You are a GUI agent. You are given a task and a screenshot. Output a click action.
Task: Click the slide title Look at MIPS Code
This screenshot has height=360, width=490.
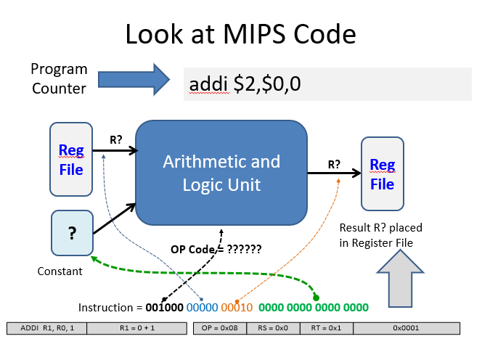tap(240, 35)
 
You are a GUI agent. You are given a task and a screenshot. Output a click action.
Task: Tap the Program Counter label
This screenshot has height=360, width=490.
tap(59, 78)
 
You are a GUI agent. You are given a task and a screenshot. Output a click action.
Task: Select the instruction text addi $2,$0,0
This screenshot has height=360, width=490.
tap(245, 85)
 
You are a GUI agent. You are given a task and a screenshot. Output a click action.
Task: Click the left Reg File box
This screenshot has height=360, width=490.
tap(70, 159)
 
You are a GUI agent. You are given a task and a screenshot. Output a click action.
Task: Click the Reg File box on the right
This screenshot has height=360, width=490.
tap(382, 174)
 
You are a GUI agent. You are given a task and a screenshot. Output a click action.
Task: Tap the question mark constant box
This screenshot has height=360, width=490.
tap(72, 233)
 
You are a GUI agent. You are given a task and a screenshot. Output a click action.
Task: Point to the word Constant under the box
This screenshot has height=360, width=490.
tap(60, 271)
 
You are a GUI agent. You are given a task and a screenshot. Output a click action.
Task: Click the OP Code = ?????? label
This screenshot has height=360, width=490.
tap(216, 248)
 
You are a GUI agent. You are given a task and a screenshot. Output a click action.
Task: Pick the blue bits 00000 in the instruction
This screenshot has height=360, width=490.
tap(203, 307)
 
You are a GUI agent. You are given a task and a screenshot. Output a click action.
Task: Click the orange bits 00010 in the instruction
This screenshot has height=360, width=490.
tap(237, 307)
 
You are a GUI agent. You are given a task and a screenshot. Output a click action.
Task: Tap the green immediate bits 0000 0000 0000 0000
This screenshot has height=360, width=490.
tap(314, 307)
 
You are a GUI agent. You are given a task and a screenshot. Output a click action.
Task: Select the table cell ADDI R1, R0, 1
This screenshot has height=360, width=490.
tap(46, 328)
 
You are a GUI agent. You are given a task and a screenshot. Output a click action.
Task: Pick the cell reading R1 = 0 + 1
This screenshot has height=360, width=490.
tap(134, 328)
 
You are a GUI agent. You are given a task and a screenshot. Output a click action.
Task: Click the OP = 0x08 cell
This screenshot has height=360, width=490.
tap(220, 328)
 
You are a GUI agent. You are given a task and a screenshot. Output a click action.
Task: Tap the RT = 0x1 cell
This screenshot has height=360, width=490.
tap(326, 328)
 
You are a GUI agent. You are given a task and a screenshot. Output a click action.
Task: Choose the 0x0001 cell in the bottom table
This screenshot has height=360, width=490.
tap(407, 328)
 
